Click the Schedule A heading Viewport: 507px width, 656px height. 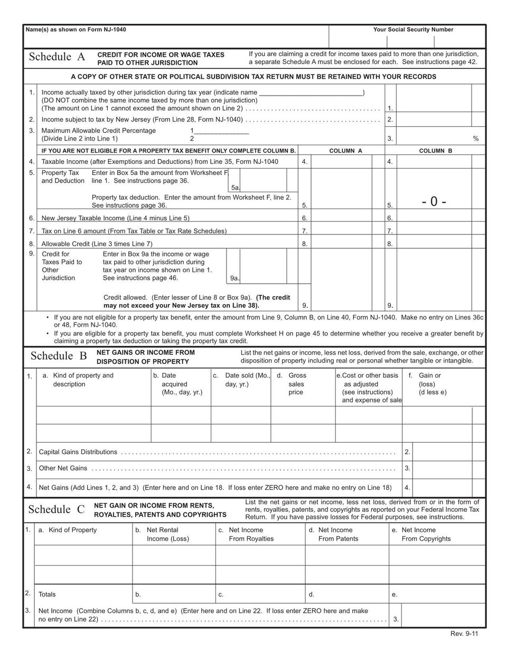(57, 58)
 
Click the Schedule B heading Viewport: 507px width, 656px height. (58, 356)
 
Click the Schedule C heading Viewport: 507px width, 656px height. (56, 510)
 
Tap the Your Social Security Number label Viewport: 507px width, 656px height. (413, 30)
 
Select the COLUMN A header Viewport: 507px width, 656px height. (345, 151)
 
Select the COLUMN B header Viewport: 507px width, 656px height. (435, 151)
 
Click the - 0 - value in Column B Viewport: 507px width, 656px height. (434, 201)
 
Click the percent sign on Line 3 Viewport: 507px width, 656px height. (475, 139)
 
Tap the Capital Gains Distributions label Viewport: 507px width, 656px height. (78, 452)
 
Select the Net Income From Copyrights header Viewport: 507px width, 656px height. (426, 535)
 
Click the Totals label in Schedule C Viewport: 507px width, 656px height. (47, 595)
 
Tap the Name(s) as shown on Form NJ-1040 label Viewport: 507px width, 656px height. (76, 30)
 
